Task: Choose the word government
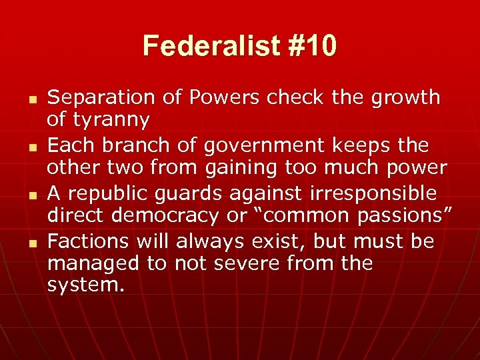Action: (279, 145)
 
